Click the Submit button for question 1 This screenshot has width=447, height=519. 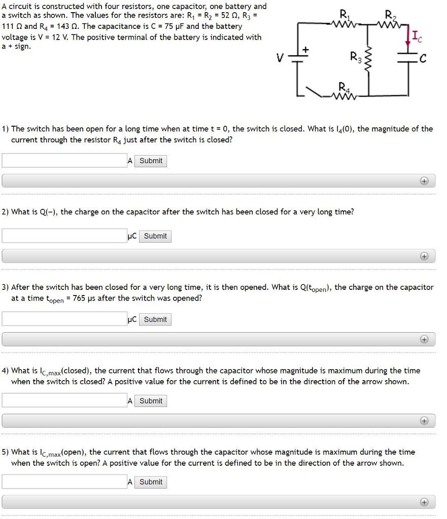tap(151, 161)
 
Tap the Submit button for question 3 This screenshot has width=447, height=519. tap(155, 319)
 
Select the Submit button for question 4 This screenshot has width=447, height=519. tap(151, 401)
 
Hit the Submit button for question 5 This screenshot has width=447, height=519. tap(151, 482)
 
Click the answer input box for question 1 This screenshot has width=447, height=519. tap(64, 161)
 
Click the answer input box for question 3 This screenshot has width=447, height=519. tap(64, 319)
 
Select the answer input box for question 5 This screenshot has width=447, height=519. tap(64, 482)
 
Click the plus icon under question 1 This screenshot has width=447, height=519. tap(424, 181)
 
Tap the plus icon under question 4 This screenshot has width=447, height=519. tap(424, 421)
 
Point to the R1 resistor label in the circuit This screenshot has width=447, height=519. tap(344, 14)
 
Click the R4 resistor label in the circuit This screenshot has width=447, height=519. tap(344, 85)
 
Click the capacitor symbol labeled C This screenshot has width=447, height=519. tap(407, 59)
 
